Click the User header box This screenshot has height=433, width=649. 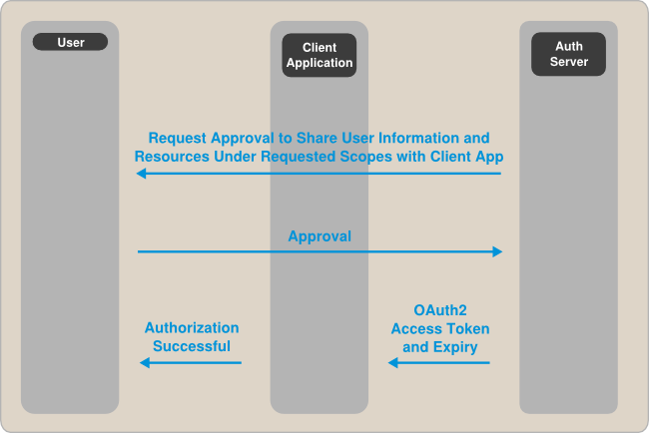70,42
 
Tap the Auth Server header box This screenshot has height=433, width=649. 569,54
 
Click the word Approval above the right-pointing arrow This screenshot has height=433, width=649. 320,236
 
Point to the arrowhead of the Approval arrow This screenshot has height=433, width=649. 497,251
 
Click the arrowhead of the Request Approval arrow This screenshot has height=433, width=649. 142,174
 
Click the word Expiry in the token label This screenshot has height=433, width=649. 455,347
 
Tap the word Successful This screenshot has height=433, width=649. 192,346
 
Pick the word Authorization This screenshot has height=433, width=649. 192,327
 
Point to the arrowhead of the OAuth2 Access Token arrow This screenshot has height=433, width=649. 393,363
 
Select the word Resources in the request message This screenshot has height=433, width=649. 172,157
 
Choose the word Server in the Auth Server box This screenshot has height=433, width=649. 569,62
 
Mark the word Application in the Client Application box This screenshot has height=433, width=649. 320,63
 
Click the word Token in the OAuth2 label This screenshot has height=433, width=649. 467,328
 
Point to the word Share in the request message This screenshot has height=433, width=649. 316,138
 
